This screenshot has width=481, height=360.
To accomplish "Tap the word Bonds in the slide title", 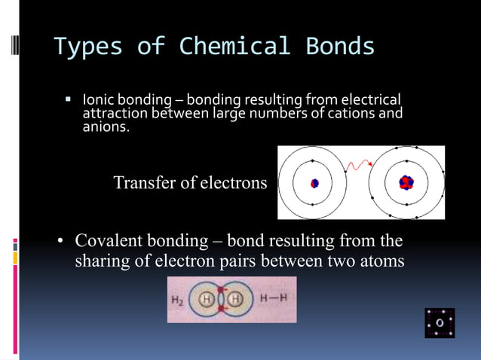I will [x=340, y=47].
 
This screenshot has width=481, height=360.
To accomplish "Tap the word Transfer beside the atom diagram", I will [x=144, y=183].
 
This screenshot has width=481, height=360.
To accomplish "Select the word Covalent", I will [x=115, y=242].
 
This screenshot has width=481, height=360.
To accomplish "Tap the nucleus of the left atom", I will [x=314, y=183].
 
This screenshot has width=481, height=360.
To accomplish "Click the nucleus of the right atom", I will [x=406, y=182].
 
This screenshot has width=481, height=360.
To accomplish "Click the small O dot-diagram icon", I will [x=439, y=322].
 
